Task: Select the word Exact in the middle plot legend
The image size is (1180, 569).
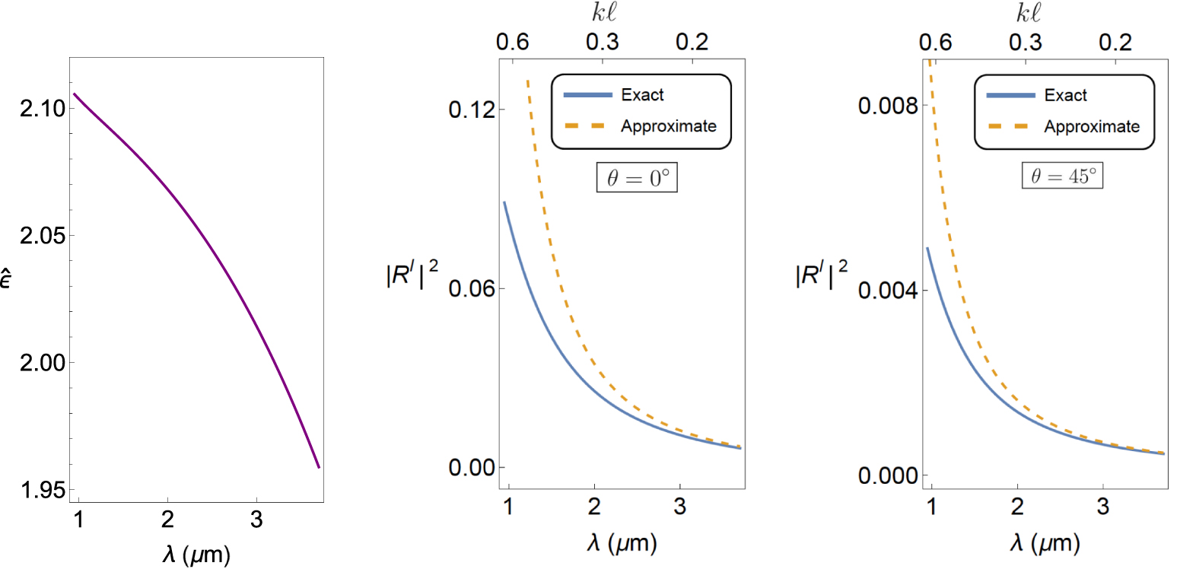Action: [643, 95]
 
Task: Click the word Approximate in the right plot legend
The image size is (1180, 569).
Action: [1092, 126]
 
